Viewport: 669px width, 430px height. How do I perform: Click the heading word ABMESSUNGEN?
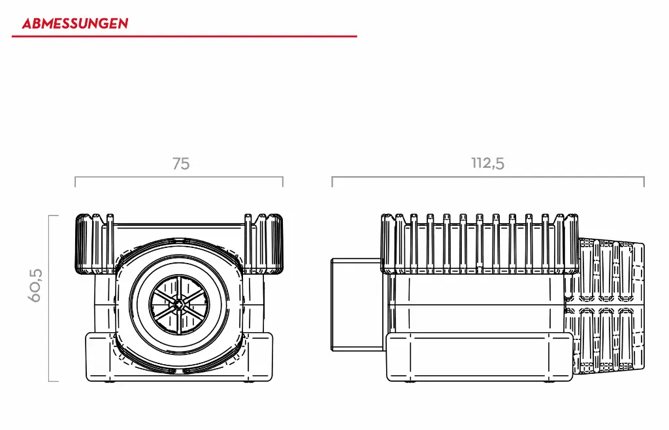point(74,24)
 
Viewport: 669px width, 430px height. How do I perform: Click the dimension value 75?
point(181,164)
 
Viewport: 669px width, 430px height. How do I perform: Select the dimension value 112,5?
point(488,163)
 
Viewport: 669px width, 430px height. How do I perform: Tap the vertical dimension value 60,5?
point(35,284)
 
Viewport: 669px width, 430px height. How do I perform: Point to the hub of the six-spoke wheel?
point(178,303)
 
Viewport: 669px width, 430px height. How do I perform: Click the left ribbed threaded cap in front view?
point(91,243)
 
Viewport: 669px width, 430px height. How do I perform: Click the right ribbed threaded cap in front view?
point(265,243)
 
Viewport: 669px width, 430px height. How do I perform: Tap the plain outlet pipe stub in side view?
point(356,304)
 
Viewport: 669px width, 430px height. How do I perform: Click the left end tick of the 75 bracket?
point(75,182)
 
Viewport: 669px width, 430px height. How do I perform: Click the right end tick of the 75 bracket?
point(283,182)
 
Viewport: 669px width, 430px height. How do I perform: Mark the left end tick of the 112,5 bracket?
point(332,182)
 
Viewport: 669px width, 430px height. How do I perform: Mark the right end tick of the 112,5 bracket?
point(644,182)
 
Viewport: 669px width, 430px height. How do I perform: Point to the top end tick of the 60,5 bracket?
point(54,216)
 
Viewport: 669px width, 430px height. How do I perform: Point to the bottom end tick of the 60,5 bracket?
point(54,381)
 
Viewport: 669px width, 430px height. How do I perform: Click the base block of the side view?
point(480,358)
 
